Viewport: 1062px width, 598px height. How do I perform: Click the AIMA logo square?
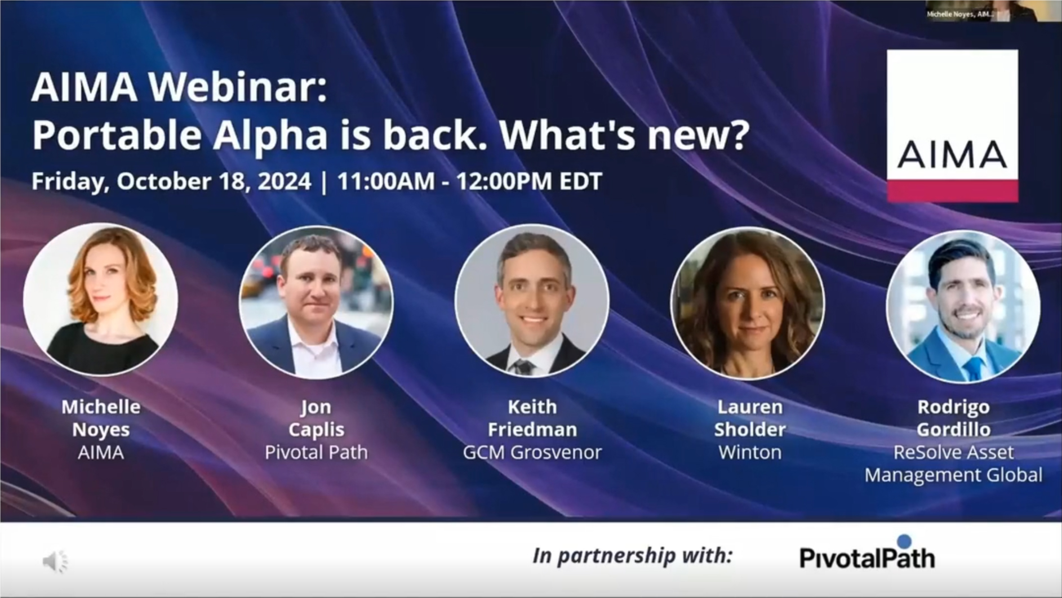(952, 126)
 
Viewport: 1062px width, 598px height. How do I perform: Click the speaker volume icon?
(55, 561)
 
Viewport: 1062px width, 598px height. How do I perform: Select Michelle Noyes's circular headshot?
(101, 300)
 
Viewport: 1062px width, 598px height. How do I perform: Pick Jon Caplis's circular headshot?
(316, 302)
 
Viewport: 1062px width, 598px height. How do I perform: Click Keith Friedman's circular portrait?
(532, 301)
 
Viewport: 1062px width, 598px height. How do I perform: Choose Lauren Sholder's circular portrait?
(748, 303)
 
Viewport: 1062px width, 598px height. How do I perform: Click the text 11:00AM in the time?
(386, 181)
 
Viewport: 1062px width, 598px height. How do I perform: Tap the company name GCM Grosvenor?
(532, 452)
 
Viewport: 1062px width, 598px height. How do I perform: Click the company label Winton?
(750, 452)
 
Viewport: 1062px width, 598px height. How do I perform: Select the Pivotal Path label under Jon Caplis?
(316, 452)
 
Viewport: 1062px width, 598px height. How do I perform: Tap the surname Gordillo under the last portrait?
(954, 430)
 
